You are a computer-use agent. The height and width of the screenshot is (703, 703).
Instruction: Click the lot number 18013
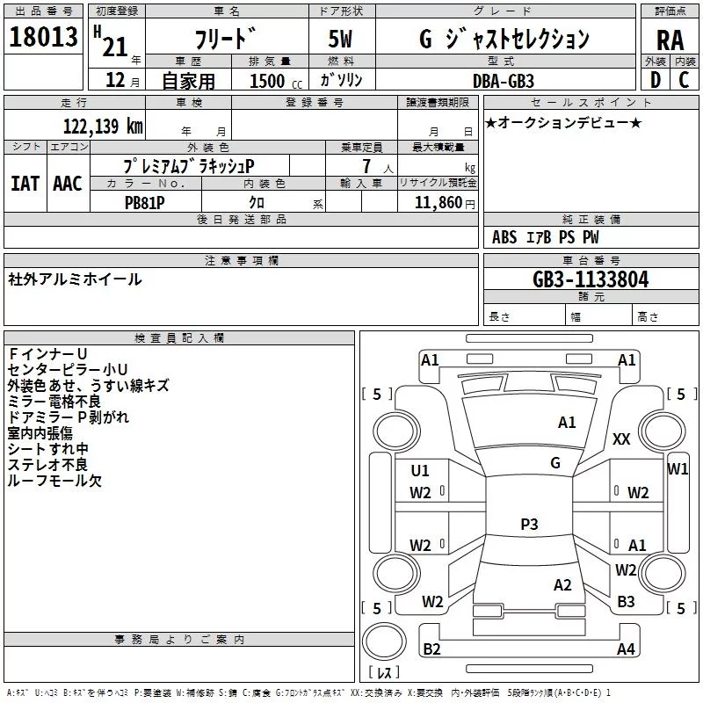[43, 37]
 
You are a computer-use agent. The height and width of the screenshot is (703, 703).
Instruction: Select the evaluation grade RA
[670, 40]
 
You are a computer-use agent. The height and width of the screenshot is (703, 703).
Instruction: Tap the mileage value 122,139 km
[103, 127]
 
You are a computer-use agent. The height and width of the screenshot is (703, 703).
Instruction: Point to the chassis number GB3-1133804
[591, 279]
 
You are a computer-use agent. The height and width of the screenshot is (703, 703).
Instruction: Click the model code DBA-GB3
[504, 81]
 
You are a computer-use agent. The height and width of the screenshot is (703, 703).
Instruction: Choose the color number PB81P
[144, 203]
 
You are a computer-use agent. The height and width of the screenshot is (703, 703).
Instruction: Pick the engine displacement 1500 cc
[276, 81]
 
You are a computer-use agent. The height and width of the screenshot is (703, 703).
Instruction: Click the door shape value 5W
[340, 39]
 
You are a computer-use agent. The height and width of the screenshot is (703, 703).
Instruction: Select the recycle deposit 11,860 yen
[445, 203]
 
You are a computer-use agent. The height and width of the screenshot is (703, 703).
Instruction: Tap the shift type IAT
[25, 184]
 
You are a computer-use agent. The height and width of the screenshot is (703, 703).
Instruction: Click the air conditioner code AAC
[68, 184]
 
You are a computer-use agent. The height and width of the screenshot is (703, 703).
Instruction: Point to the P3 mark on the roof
[529, 524]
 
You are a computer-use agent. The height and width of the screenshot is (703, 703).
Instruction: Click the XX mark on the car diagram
[621, 438]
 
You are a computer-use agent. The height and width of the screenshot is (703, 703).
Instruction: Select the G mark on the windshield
[555, 463]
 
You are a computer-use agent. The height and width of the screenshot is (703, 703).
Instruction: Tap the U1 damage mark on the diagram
[420, 471]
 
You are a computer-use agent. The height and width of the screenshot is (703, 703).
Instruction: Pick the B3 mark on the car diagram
[626, 602]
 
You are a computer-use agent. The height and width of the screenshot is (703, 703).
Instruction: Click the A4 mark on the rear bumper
[626, 649]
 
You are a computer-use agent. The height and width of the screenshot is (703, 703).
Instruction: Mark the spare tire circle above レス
[384, 641]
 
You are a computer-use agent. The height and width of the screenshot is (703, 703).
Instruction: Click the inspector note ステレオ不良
[47, 465]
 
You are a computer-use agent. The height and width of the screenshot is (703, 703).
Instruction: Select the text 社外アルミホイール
[75, 279]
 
